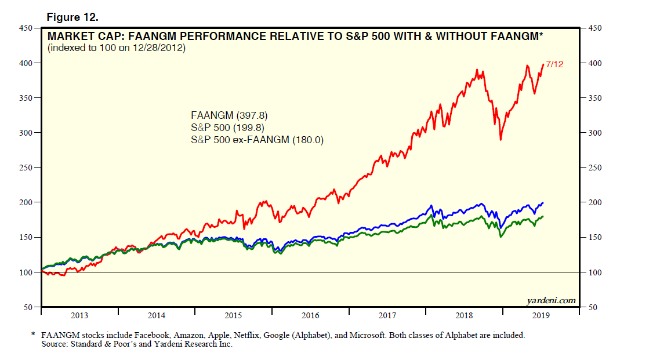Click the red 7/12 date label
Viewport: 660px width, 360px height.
coord(554,64)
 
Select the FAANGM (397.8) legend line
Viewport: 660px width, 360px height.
coord(229,115)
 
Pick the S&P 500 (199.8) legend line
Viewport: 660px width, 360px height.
coord(229,127)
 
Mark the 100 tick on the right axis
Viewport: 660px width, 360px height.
coord(596,272)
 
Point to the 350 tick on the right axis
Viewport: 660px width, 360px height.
coord(596,98)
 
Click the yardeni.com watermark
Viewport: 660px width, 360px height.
coord(552,300)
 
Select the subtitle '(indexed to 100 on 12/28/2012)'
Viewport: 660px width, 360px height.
coord(117,48)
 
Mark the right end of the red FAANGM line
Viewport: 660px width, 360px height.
coord(543,64)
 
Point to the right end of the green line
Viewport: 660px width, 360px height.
coord(543,217)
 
